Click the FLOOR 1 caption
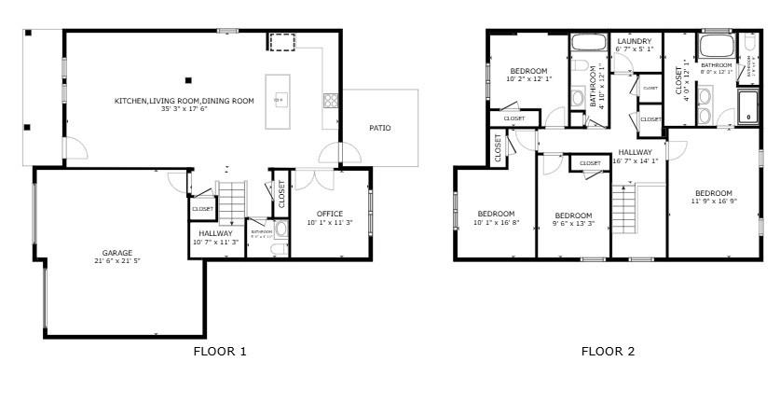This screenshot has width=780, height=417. (x=220, y=352)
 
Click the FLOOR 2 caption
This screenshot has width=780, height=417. (x=608, y=352)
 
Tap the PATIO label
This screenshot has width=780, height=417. (x=379, y=128)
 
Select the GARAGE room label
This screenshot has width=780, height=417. (x=116, y=253)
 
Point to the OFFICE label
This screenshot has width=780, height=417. (x=330, y=214)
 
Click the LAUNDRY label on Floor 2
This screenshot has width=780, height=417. (x=634, y=41)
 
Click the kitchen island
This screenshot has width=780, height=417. (x=279, y=101)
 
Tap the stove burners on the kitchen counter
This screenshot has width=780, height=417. (x=330, y=100)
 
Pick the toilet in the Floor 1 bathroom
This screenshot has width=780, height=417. (x=281, y=229)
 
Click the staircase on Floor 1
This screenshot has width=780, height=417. (x=231, y=200)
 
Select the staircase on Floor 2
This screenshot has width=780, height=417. (x=623, y=209)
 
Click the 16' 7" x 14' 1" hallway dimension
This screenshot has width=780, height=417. (x=636, y=160)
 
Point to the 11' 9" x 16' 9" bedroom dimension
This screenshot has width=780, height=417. (x=714, y=201)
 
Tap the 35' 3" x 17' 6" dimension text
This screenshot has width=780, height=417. (x=184, y=109)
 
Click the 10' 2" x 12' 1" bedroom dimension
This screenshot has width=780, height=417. (x=528, y=79)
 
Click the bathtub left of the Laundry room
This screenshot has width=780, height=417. (x=587, y=42)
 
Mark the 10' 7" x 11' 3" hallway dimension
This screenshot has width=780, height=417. (x=216, y=243)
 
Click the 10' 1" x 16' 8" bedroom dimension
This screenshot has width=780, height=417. (x=497, y=222)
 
